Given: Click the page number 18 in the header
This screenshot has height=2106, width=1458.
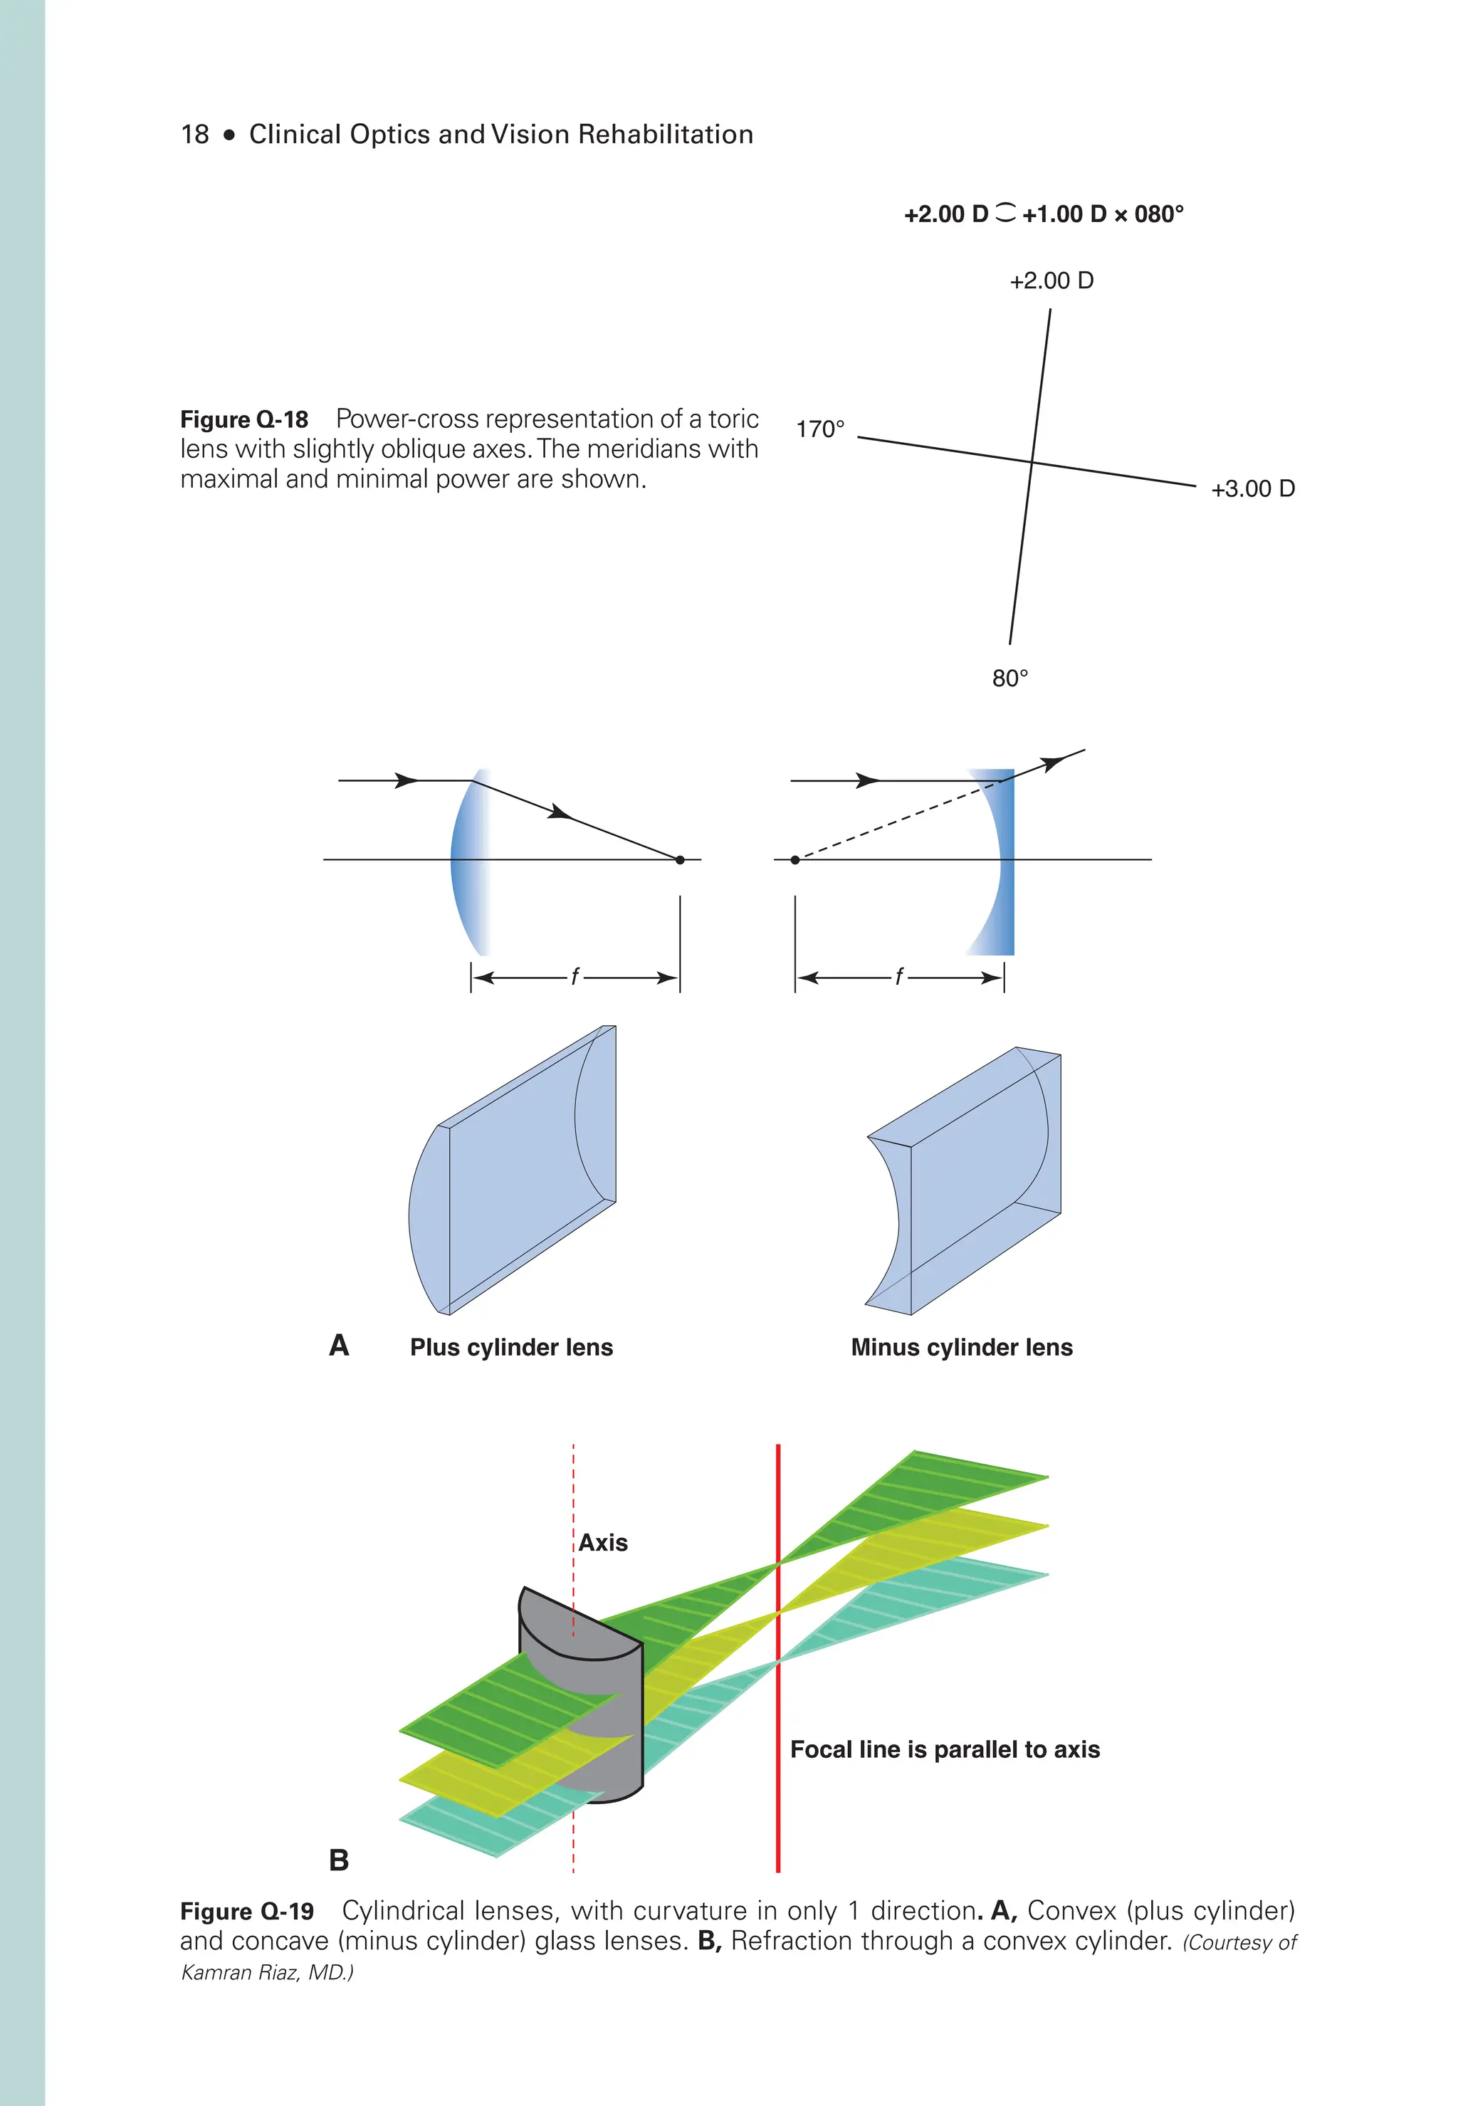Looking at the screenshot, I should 194,135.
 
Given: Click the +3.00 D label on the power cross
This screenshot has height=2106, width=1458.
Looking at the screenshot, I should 1252,489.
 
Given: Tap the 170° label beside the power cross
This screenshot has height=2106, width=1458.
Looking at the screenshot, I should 819,429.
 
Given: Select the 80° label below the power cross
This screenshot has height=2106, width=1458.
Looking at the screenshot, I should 1009,678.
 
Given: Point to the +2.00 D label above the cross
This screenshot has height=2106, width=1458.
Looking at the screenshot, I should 1051,281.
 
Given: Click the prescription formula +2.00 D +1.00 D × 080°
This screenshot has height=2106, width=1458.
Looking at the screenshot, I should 1043,215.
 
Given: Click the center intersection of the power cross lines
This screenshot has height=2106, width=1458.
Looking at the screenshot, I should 1032,462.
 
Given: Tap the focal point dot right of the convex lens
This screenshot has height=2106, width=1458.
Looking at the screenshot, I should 680,860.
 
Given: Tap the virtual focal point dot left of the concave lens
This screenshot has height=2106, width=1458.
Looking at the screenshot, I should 794,860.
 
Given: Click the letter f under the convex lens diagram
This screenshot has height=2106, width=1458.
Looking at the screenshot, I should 575,977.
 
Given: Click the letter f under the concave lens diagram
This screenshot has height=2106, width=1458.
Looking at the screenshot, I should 899,977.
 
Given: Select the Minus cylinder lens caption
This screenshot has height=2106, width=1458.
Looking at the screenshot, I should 961,1347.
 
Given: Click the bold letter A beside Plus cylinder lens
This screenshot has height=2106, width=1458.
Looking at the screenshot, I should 339,1345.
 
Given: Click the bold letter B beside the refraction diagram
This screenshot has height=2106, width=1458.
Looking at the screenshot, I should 339,1860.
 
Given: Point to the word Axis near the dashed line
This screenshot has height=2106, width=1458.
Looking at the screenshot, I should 603,1542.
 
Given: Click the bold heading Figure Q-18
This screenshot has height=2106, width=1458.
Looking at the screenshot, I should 244,419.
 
